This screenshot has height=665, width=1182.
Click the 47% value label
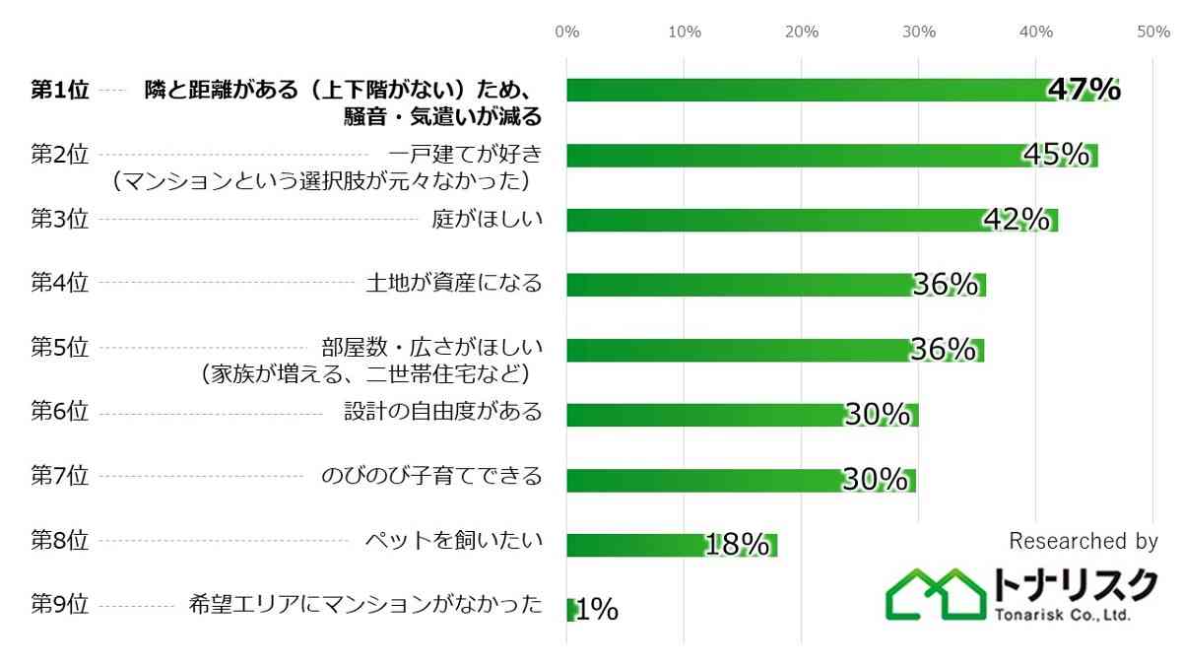pyautogui.click(x=1083, y=90)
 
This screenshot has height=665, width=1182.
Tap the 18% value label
pyautogui.click(x=737, y=545)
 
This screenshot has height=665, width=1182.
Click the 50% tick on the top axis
pyautogui.click(x=1152, y=32)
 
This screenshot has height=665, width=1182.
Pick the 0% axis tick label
pyautogui.click(x=567, y=32)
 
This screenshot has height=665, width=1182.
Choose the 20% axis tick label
pyautogui.click(x=802, y=32)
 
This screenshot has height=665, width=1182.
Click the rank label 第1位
pyautogui.click(x=59, y=90)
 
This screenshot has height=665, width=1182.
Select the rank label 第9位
pyautogui.click(x=59, y=605)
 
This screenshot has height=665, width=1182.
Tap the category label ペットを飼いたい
pyautogui.click(x=453, y=540)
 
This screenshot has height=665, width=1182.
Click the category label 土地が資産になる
pyautogui.click(x=453, y=284)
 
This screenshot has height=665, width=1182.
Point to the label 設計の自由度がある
pyautogui.click(x=442, y=412)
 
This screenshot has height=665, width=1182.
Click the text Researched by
pyautogui.click(x=1083, y=541)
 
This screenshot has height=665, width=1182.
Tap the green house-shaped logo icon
pyautogui.click(x=936, y=594)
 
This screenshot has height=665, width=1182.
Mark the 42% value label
pyautogui.click(x=1017, y=220)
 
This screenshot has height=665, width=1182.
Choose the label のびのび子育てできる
pyautogui.click(x=431, y=476)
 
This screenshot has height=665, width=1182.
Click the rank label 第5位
pyautogui.click(x=59, y=348)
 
